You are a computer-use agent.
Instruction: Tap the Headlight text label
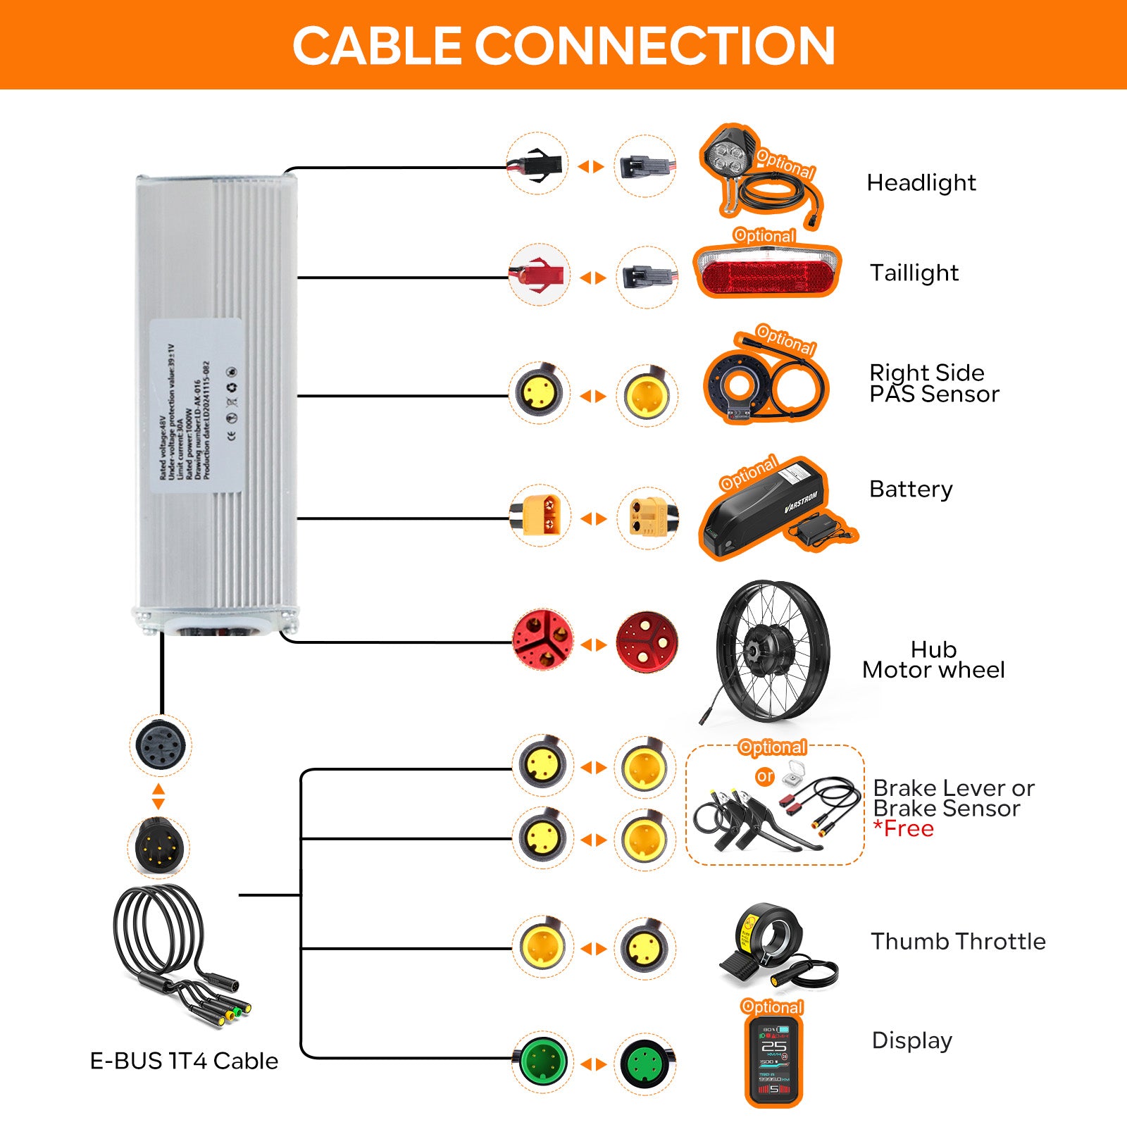[x=921, y=183]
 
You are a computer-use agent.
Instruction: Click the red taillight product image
[x=767, y=271]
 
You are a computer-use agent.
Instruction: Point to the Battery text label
[x=910, y=489]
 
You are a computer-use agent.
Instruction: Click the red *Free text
[x=904, y=829]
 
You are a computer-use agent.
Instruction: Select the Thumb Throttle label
[x=958, y=942]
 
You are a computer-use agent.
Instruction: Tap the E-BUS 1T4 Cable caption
[x=184, y=1061]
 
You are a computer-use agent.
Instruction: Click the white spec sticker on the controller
[x=197, y=406]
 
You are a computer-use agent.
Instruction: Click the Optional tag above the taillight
[x=764, y=235]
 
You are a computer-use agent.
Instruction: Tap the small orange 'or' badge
[x=765, y=776]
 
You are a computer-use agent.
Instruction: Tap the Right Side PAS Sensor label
[x=933, y=383]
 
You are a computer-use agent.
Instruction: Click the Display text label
[x=911, y=1040]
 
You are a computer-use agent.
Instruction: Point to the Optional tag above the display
[x=772, y=1007]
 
